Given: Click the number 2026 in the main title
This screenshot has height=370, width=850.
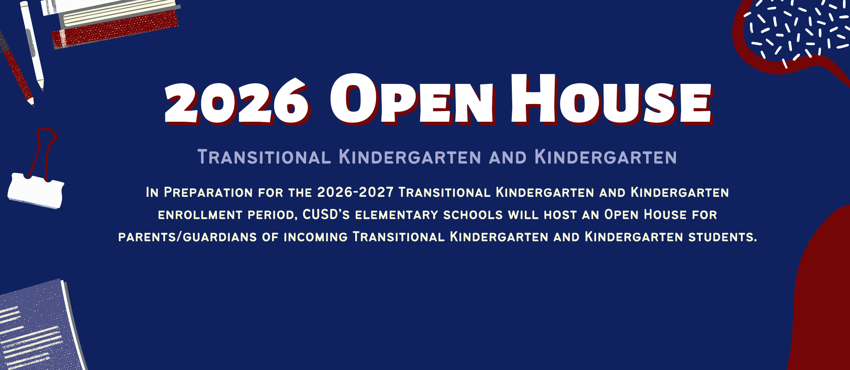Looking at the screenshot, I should click(237, 101).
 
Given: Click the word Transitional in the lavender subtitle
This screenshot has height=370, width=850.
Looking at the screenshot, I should click(264, 157).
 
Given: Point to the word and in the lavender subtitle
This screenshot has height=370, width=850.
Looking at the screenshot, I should click(508, 157).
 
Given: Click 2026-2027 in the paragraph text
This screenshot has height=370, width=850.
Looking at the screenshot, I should click(355, 192).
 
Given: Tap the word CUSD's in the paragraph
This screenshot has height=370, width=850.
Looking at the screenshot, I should click(326, 215).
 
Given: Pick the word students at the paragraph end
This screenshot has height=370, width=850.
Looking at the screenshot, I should click(722, 237).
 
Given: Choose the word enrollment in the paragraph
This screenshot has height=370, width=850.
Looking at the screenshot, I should click(200, 215).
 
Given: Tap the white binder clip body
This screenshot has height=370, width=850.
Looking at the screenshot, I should click(35, 191).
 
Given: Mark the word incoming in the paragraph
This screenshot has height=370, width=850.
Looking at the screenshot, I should click(316, 237).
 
